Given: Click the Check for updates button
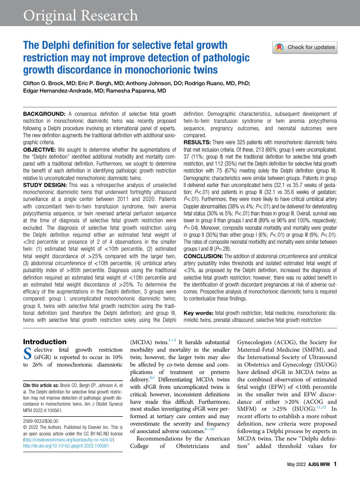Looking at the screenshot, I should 305,47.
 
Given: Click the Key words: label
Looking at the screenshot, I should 199,313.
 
